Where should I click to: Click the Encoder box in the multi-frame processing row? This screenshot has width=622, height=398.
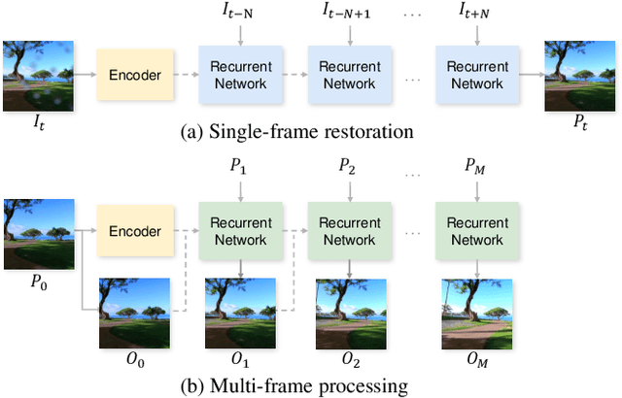coord(132,232)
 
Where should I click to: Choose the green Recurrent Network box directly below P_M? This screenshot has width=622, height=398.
coord(476,232)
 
